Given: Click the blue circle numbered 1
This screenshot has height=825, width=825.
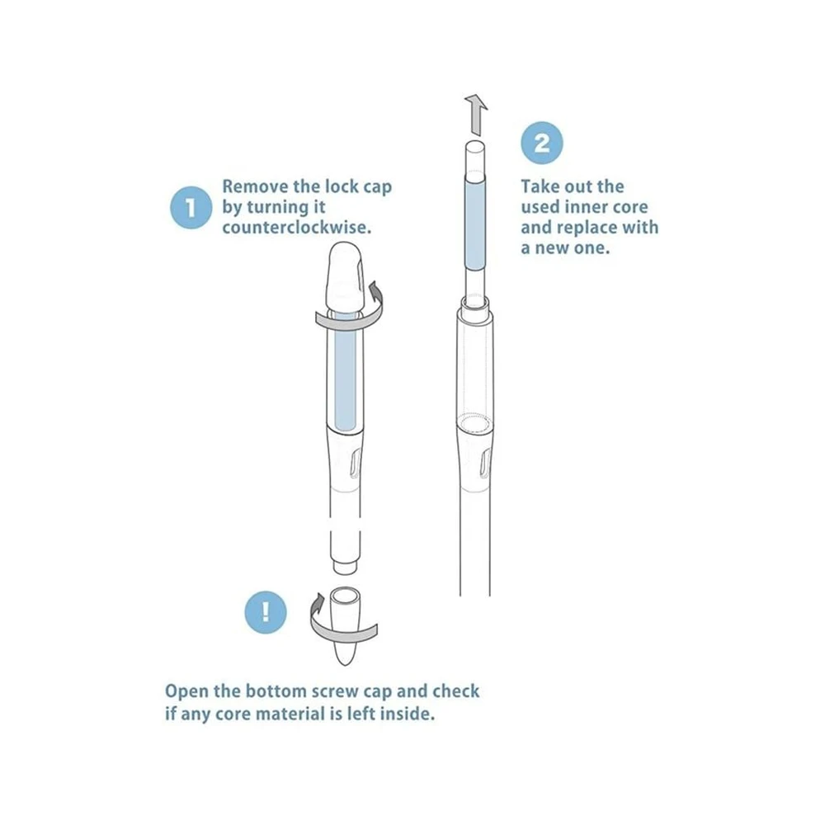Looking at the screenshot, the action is click(191, 207).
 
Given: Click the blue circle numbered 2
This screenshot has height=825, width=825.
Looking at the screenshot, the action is click(542, 143).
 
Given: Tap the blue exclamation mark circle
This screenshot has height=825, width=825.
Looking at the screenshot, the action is click(266, 612).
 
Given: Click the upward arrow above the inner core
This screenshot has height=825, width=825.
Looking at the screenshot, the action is click(476, 114).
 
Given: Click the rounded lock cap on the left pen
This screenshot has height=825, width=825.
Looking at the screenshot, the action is click(345, 277).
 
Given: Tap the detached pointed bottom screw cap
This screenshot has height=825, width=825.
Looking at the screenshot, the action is click(345, 626).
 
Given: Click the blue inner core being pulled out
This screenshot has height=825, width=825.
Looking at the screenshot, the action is click(474, 224).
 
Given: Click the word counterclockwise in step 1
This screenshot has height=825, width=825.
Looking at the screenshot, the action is click(297, 228).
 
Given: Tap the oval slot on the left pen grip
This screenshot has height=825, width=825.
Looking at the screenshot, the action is click(355, 463).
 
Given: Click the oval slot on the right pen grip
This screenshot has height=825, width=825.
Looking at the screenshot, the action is click(485, 464).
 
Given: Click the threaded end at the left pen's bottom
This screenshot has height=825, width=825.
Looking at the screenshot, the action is click(345, 566).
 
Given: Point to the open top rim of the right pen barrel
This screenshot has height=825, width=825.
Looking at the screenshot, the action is click(475, 304).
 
